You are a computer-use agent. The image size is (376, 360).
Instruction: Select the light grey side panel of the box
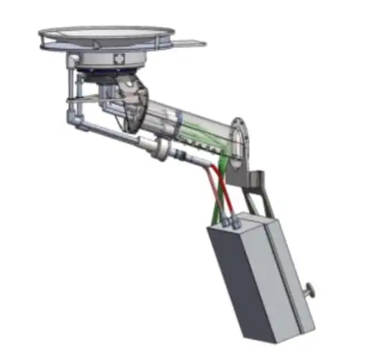[x=290, y=278]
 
